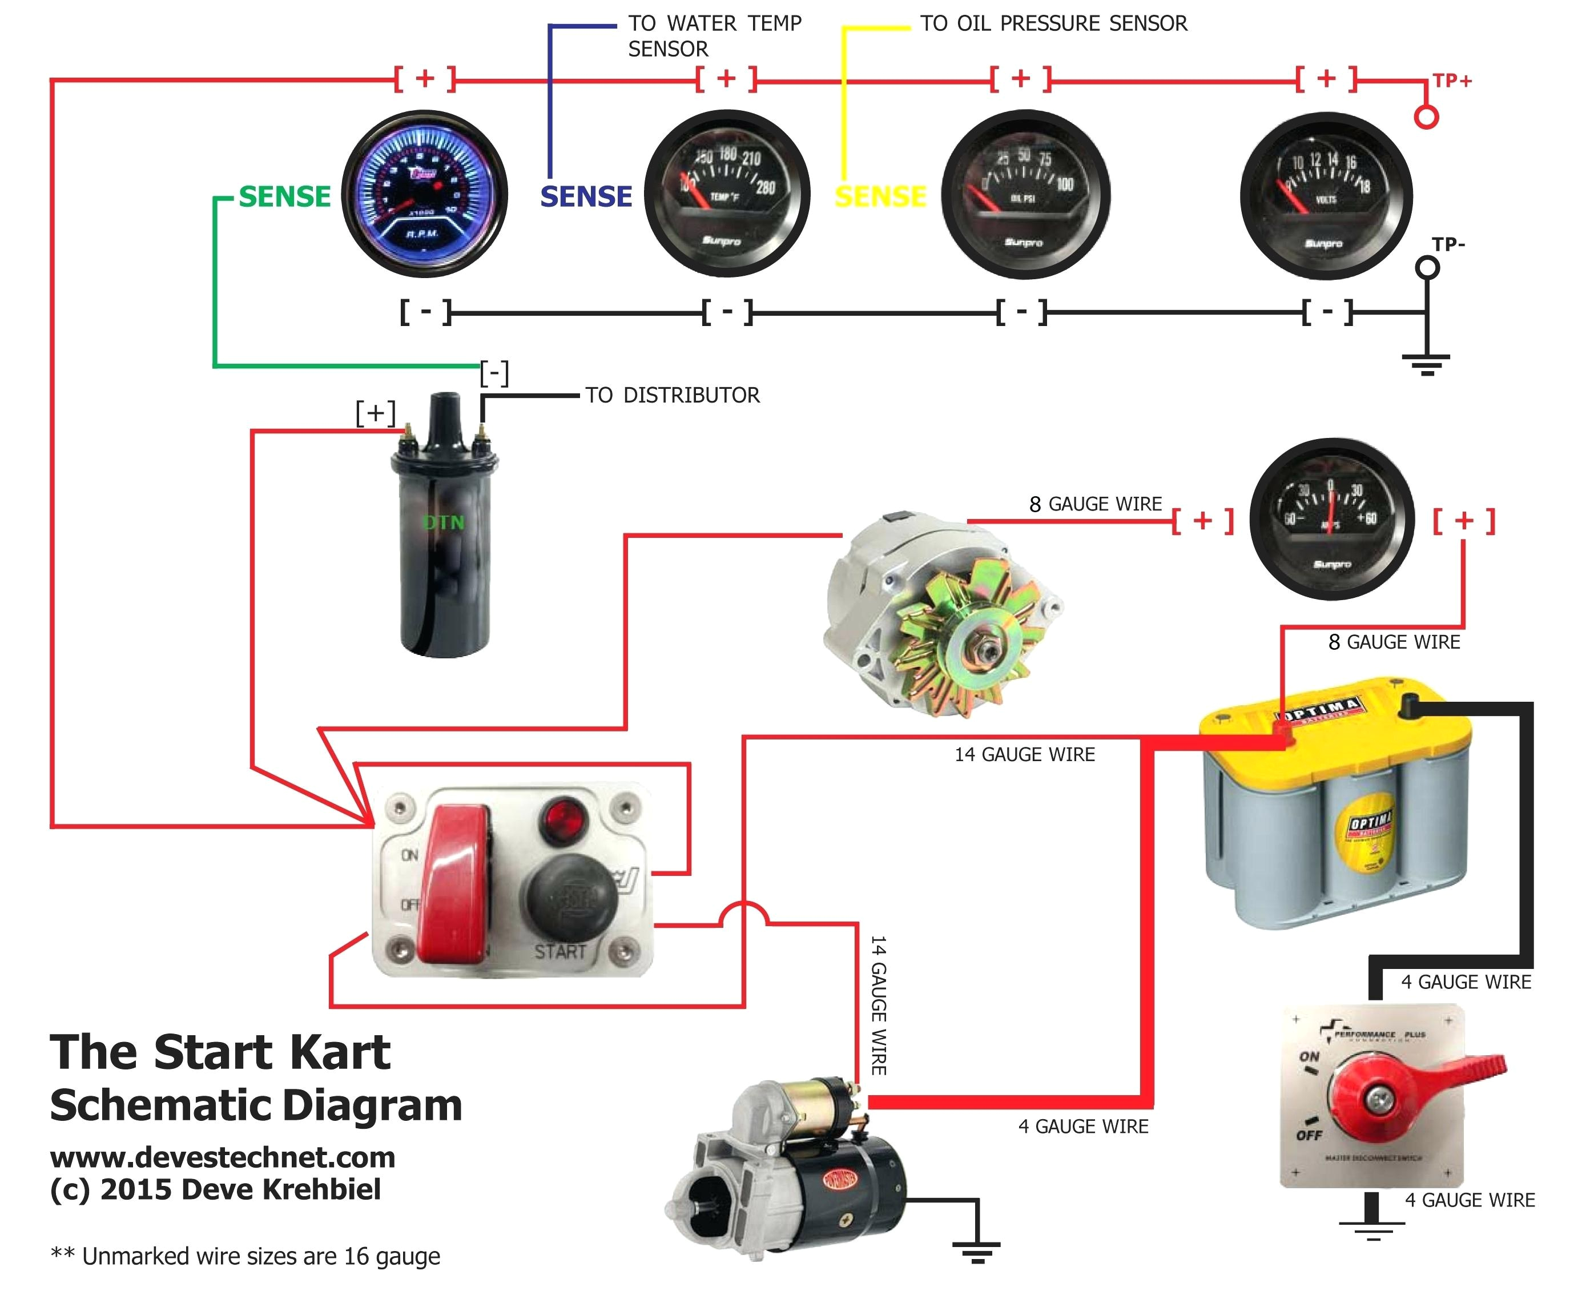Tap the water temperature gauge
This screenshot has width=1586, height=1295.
click(727, 195)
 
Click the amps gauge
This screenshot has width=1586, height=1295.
click(1331, 519)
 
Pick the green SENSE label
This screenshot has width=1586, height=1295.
click(284, 197)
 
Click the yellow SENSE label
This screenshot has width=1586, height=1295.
click(880, 197)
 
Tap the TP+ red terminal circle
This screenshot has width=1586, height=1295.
click(1426, 117)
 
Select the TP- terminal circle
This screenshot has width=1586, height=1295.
click(1428, 268)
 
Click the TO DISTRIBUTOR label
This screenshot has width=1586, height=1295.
click(672, 395)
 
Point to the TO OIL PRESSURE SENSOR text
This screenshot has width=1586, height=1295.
click(1053, 24)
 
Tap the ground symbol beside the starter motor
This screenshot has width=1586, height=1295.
click(976, 1249)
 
